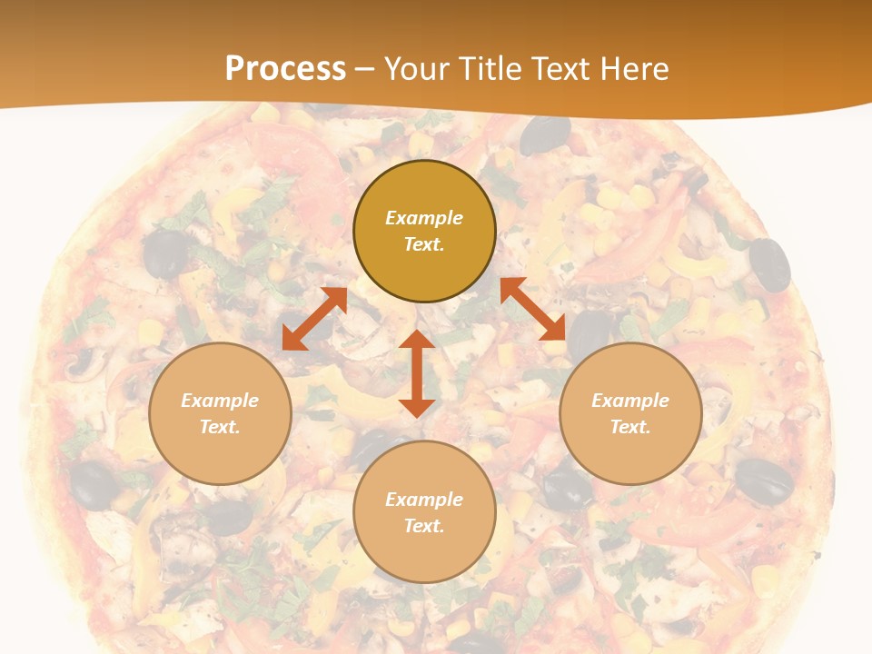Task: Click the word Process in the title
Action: click(285, 68)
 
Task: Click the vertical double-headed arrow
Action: click(417, 373)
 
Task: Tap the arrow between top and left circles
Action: click(314, 319)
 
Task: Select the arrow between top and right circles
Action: click(532, 309)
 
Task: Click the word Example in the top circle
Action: click(424, 218)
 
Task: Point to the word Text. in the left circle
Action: click(220, 427)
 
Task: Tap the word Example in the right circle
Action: click(630, 401)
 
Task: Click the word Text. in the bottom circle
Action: click(424, 526)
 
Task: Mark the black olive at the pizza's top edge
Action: click(545, 135)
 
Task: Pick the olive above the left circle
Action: click(165, 253)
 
